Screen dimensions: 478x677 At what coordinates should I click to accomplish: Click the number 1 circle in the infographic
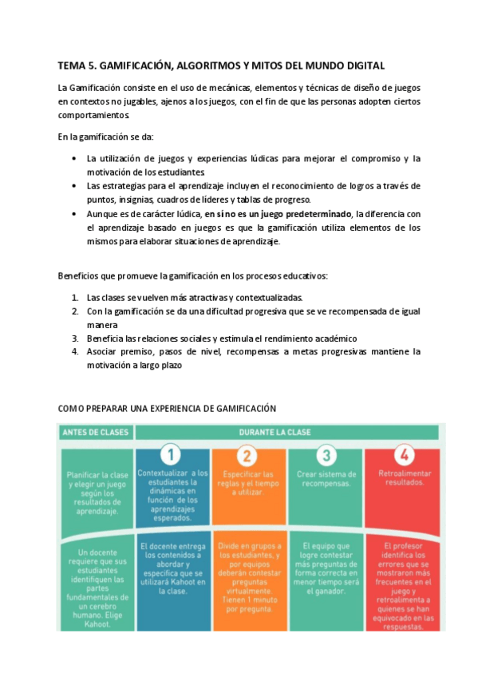coord(171,455)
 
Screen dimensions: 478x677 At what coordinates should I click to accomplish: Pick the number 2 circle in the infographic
coord(247,455)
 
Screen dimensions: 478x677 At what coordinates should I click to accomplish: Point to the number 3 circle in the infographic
coord(325,455)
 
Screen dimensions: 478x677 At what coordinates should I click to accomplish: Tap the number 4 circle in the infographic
coord(402,455)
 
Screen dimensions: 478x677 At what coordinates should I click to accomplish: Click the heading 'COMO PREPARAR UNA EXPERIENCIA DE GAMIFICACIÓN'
coord(167,408)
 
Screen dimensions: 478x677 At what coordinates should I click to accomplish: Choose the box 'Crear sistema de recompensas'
coord(325,480)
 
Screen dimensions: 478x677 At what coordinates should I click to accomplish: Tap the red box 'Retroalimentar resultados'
coord(402,479)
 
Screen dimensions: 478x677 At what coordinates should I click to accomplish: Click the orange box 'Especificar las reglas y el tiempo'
coord(247,484)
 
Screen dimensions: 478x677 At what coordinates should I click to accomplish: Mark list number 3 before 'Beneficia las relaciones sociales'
coord(75,338)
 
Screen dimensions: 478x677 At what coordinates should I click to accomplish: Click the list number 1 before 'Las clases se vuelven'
coord(75,298)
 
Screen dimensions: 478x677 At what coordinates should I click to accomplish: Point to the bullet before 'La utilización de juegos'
coord(74,158)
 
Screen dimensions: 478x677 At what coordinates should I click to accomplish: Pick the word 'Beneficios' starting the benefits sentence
coord(78,276)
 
